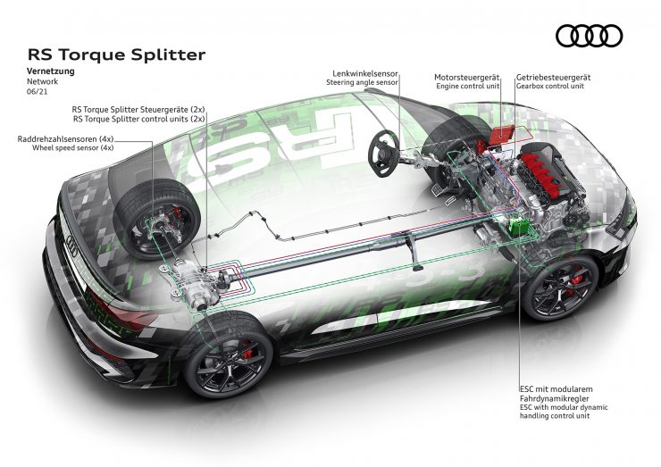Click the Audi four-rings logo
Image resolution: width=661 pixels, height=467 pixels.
tap(589, 35)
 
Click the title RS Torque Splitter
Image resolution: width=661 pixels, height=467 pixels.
tap(117, 54)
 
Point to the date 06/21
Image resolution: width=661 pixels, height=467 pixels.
tap(39, 90)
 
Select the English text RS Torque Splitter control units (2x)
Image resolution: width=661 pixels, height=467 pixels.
tap(139, 118)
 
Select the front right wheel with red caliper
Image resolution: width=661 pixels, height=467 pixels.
tap(559, 287)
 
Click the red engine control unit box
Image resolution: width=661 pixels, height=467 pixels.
tap(499, 134)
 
